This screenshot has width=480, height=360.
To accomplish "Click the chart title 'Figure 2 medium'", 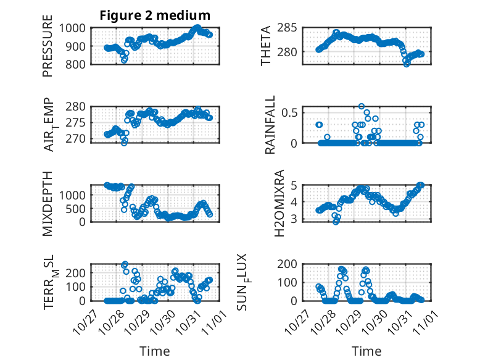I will [155, 15].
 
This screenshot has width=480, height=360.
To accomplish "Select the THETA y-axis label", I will [266, 46].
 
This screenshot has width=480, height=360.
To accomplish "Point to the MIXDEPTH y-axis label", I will [48, 203].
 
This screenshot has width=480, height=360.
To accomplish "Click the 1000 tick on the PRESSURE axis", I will [77, 28].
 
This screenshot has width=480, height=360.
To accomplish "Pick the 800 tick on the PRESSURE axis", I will [80, 64].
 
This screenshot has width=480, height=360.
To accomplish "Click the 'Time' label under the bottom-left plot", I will [155, 351].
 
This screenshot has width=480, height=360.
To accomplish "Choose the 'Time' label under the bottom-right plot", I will [367, 351].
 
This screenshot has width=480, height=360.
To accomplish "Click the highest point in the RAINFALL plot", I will [362, 106].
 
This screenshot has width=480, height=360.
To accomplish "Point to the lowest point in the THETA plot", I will [406, 64].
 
